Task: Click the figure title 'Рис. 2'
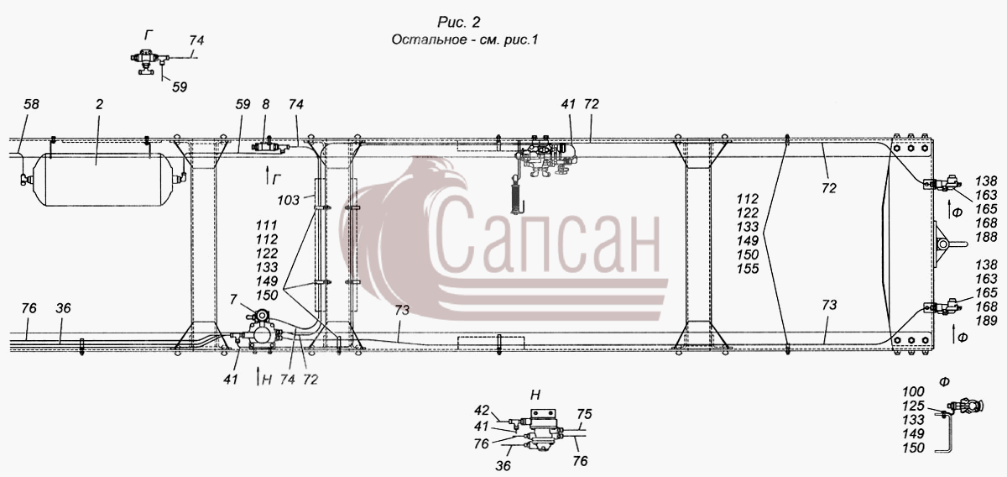click(458, 22)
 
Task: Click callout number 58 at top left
click(32, 104)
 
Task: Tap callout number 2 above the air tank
click(99, 104)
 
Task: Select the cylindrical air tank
click(104, 179)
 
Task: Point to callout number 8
click(266, 104)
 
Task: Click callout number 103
click(288, 200)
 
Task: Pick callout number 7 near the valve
click(233, 299)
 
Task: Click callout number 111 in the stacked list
click(267, 225)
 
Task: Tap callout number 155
click(748, 269)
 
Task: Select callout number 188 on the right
click(986, 237)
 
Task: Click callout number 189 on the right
click(986, 321)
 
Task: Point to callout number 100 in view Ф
click(913, 391)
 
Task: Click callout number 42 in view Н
click(482, 411)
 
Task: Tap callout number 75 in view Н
click(584, 414)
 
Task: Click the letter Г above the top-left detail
click(149, 35)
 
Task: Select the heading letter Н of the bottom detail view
click(535, 395)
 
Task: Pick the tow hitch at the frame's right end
click(948, 244)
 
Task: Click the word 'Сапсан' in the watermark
click(546, 236)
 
